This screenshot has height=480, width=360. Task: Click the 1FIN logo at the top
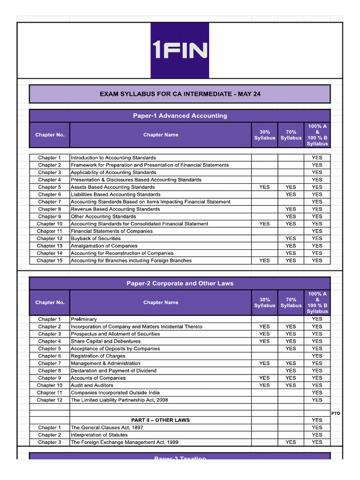180,50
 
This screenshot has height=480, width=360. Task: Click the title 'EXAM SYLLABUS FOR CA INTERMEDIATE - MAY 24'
180,94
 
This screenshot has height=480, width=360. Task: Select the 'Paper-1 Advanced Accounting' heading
180,116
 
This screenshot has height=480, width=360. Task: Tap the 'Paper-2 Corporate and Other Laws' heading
180,284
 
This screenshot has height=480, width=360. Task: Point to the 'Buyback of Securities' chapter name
96,239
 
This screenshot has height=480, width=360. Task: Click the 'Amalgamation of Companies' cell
104,246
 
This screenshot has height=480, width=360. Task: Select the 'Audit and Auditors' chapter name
92,385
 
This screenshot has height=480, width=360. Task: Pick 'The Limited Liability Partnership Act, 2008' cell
119,400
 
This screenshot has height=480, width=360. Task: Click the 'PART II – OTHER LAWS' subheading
160,420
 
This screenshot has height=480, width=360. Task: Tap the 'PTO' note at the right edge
336,413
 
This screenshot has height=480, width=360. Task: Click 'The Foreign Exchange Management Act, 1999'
124,442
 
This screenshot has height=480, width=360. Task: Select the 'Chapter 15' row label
50,261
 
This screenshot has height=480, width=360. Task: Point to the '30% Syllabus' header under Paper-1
264,135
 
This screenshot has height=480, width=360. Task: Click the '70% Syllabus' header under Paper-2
291,302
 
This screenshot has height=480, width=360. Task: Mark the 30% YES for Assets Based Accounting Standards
264,187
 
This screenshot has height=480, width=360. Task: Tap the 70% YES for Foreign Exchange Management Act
291,442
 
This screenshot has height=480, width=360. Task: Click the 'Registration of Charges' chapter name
98,356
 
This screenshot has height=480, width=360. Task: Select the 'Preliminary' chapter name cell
84,319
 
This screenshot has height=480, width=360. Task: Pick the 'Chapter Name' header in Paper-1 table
161,135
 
